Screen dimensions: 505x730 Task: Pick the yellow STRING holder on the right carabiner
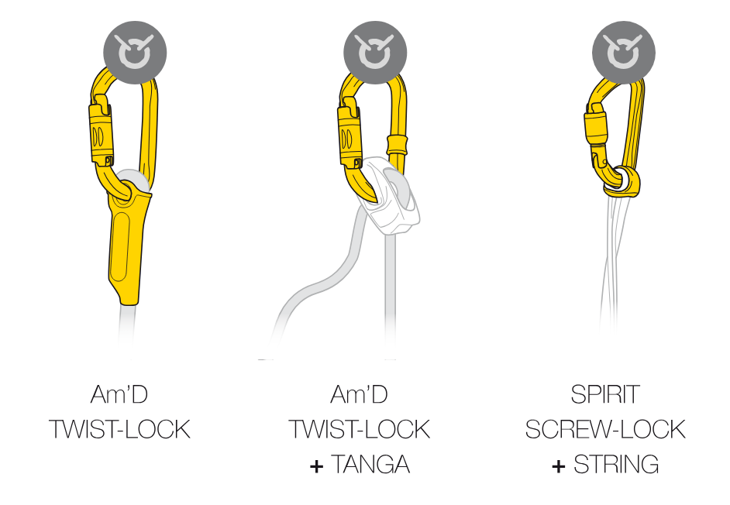coord(624,181)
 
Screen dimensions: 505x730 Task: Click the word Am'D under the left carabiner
coord(119,394)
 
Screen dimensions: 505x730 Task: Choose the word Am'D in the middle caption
coord(359,394)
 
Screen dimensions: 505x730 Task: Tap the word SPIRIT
coord(605,394)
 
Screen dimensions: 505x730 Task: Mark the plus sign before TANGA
coord(315,466)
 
